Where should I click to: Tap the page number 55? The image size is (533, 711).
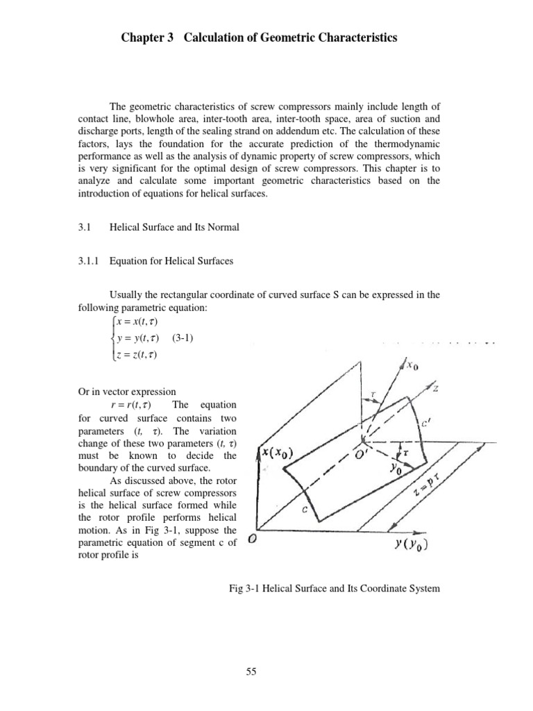tap(266, 671)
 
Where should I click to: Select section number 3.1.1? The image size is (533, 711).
tap(89, 261)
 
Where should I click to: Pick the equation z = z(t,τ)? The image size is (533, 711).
tap(135, 355)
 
